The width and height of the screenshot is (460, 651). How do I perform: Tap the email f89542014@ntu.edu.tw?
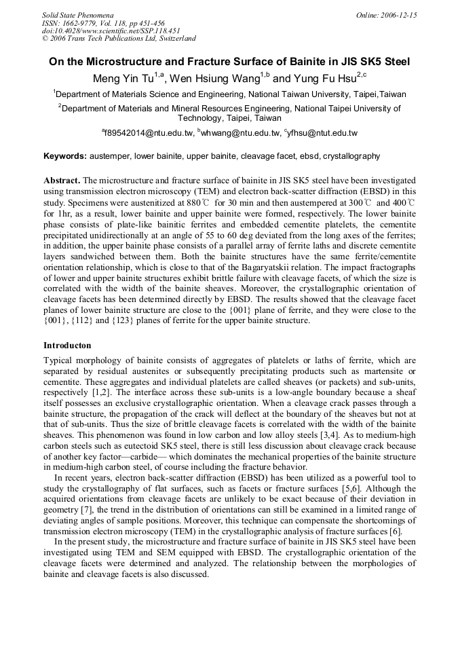tap(149, 134)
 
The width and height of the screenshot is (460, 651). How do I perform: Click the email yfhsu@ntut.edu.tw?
tap(322, 134)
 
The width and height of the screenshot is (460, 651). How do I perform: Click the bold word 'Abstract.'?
tap(62, 181)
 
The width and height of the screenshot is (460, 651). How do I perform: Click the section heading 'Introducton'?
tap(67, 346)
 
